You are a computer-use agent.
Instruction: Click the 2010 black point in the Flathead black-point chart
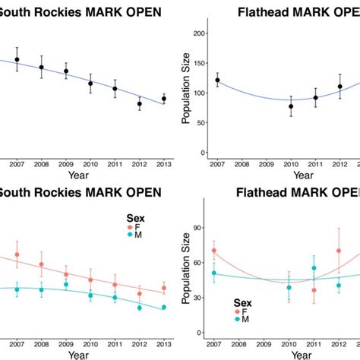coord(290,106)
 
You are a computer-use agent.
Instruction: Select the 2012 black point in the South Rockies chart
coord(140,103)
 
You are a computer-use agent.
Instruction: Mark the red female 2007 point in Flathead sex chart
coord(214,251)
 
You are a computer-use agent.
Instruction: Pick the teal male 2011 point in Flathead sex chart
coord(314,268)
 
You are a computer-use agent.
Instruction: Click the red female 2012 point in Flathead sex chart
coord(339,251)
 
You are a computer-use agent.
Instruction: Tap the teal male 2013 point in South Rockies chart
coord(163,307)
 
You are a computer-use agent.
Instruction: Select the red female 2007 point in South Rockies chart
coord(17,256)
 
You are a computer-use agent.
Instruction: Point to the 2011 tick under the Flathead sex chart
coord(314,343)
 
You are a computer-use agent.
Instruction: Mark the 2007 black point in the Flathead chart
coord(217,80)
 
